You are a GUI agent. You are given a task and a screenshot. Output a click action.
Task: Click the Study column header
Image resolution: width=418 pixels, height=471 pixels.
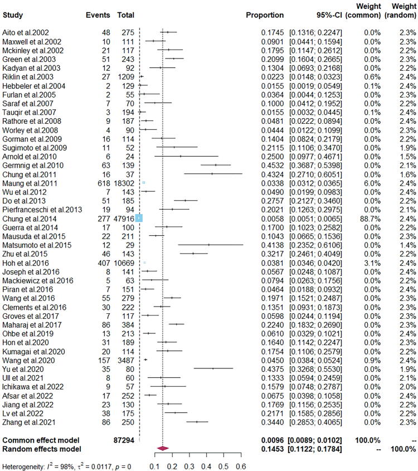[14, 13]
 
